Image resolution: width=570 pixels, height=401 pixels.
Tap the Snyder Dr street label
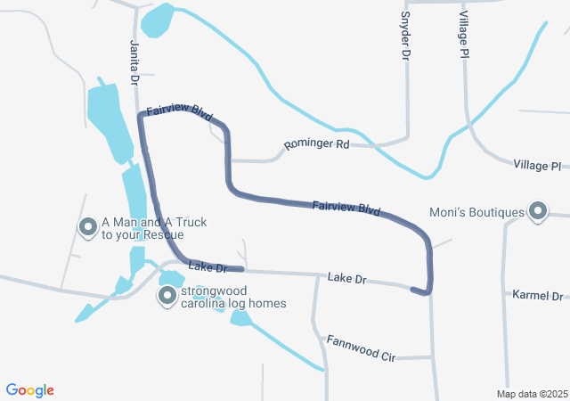pos(405,36)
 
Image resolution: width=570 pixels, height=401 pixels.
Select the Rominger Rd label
pos(316,143)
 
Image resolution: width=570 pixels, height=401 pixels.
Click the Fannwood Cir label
pos(360,348)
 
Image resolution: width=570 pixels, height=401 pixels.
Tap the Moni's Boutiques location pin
pos(538,211)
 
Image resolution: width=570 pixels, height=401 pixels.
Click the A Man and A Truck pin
pos(88,228)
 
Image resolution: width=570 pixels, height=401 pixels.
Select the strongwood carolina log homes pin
pos(167,296)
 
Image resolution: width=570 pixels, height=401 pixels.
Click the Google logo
pos(30,389)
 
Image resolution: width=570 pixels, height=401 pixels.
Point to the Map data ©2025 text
pos(532,393)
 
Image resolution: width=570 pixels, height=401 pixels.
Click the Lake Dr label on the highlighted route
pos(209,266)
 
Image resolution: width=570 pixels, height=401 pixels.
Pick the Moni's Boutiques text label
pos(476,212)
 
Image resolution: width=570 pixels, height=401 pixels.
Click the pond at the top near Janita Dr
pos(157,20)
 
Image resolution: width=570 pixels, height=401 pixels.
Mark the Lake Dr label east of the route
pos(347,279)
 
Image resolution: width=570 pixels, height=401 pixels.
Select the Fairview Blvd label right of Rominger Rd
pos(346,209)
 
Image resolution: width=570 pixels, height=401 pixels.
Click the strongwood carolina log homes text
pos(233,297)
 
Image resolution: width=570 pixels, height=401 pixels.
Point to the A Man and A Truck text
pos(148,229)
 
